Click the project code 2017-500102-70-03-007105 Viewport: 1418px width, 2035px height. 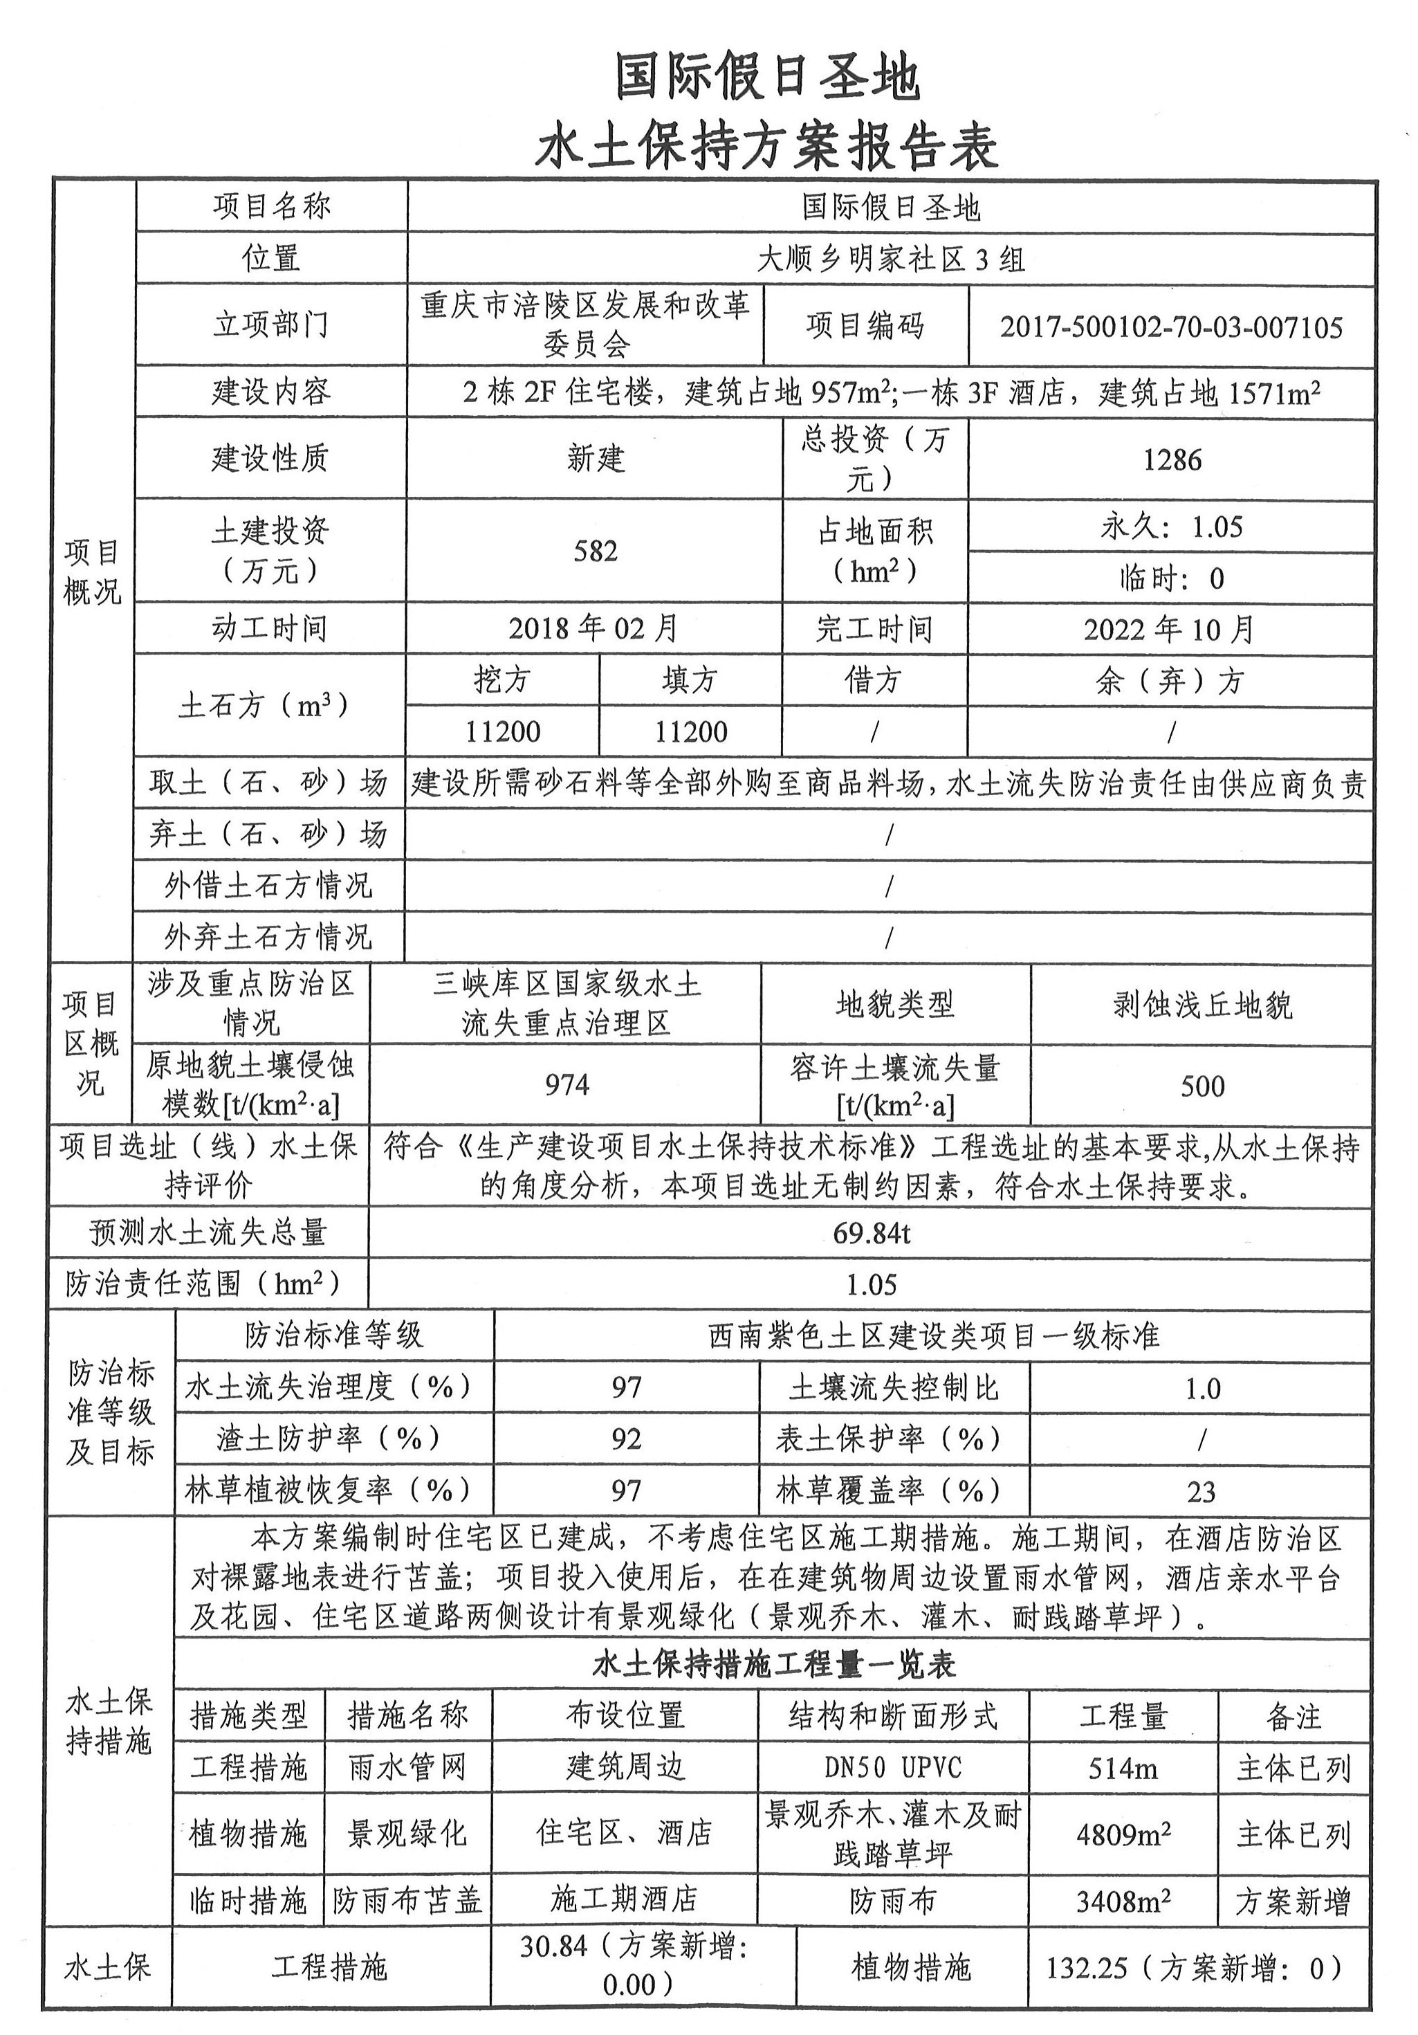[x=1171, y=328]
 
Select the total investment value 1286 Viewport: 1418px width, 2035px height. [x=1172, y=460]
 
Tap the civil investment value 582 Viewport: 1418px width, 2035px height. [x=595, y=551]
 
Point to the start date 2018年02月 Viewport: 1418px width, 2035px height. [x=593, y=629]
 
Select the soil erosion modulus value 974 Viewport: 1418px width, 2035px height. [x=567, y=1085]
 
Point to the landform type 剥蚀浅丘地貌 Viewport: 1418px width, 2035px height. [x=1201, y=1006]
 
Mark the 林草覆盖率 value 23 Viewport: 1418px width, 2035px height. [x=1201, y=1493]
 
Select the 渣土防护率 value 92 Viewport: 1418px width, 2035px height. [x=626, y=1439]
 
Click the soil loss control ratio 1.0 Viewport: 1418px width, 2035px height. [x=1201, y=1389]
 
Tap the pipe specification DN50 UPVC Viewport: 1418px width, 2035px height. [x=892, y=1768]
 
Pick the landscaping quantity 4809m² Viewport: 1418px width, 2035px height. [x=1123, y=1834]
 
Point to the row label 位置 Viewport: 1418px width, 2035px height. [x=271, y=259]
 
